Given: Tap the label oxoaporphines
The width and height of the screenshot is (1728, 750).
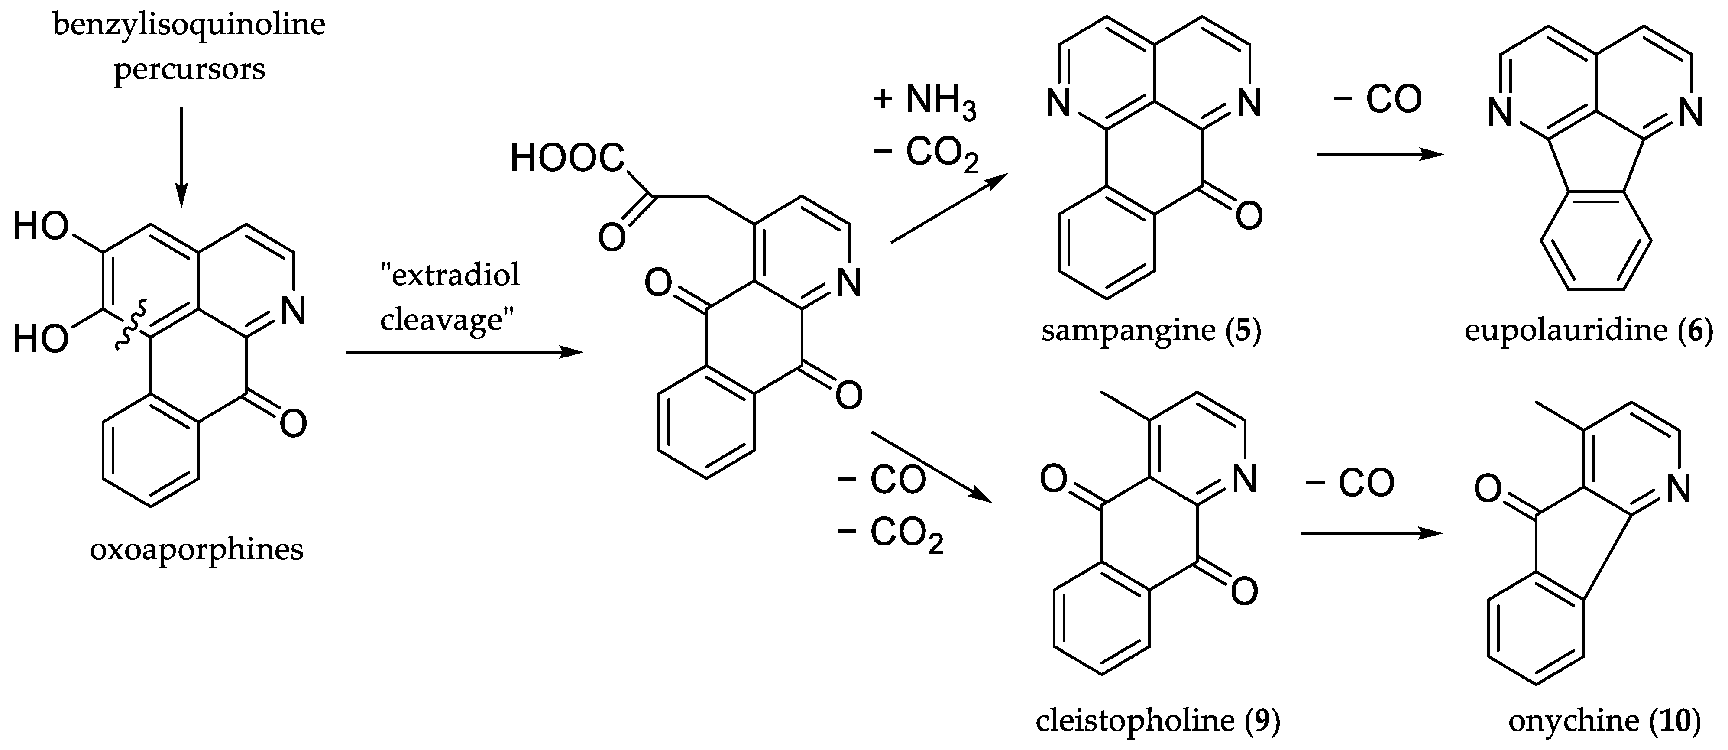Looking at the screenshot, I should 197,550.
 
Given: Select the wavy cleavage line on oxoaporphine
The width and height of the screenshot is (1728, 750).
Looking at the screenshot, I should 127,325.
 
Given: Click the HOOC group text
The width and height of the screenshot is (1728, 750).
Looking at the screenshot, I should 567,159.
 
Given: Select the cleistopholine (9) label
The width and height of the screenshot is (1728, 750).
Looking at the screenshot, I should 1158,721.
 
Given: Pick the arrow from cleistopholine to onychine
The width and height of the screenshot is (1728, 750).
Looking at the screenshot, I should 1370,534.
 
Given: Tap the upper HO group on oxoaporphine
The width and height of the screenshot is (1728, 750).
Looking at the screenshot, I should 40,227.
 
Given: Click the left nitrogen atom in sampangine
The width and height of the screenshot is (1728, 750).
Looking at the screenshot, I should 1058,104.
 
